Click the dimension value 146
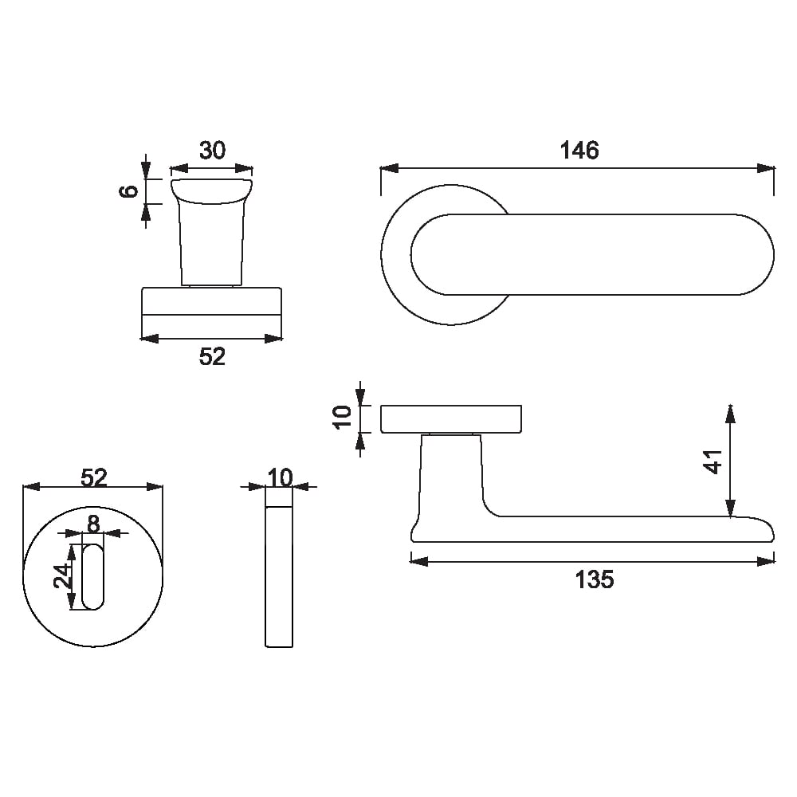point(579,151)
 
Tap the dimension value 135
point(595,579)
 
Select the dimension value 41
point(713,461)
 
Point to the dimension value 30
point(212,151)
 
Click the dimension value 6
point(129,191)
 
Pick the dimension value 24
point(64,576)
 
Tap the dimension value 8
point(93,524)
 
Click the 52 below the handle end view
point(212,356)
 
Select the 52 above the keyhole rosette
point(94,477)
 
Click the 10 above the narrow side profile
point(280,477)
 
